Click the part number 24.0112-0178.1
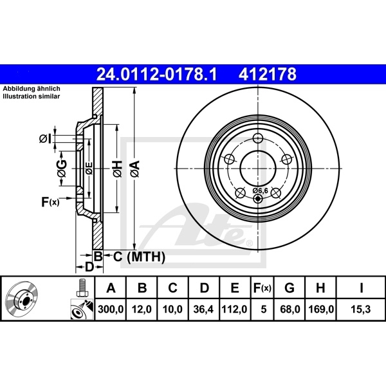(x=156, y=75)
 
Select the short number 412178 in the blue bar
(x=268, y=75)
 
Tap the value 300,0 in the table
(x=111, y=309)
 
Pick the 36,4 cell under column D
(x=203, y=309)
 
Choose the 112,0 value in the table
(x=234, y=309)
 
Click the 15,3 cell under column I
(x=360, y=309)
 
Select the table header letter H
(x=320, y=288)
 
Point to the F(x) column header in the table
(x=262, y=288)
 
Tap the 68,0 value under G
(x=290, y=309)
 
